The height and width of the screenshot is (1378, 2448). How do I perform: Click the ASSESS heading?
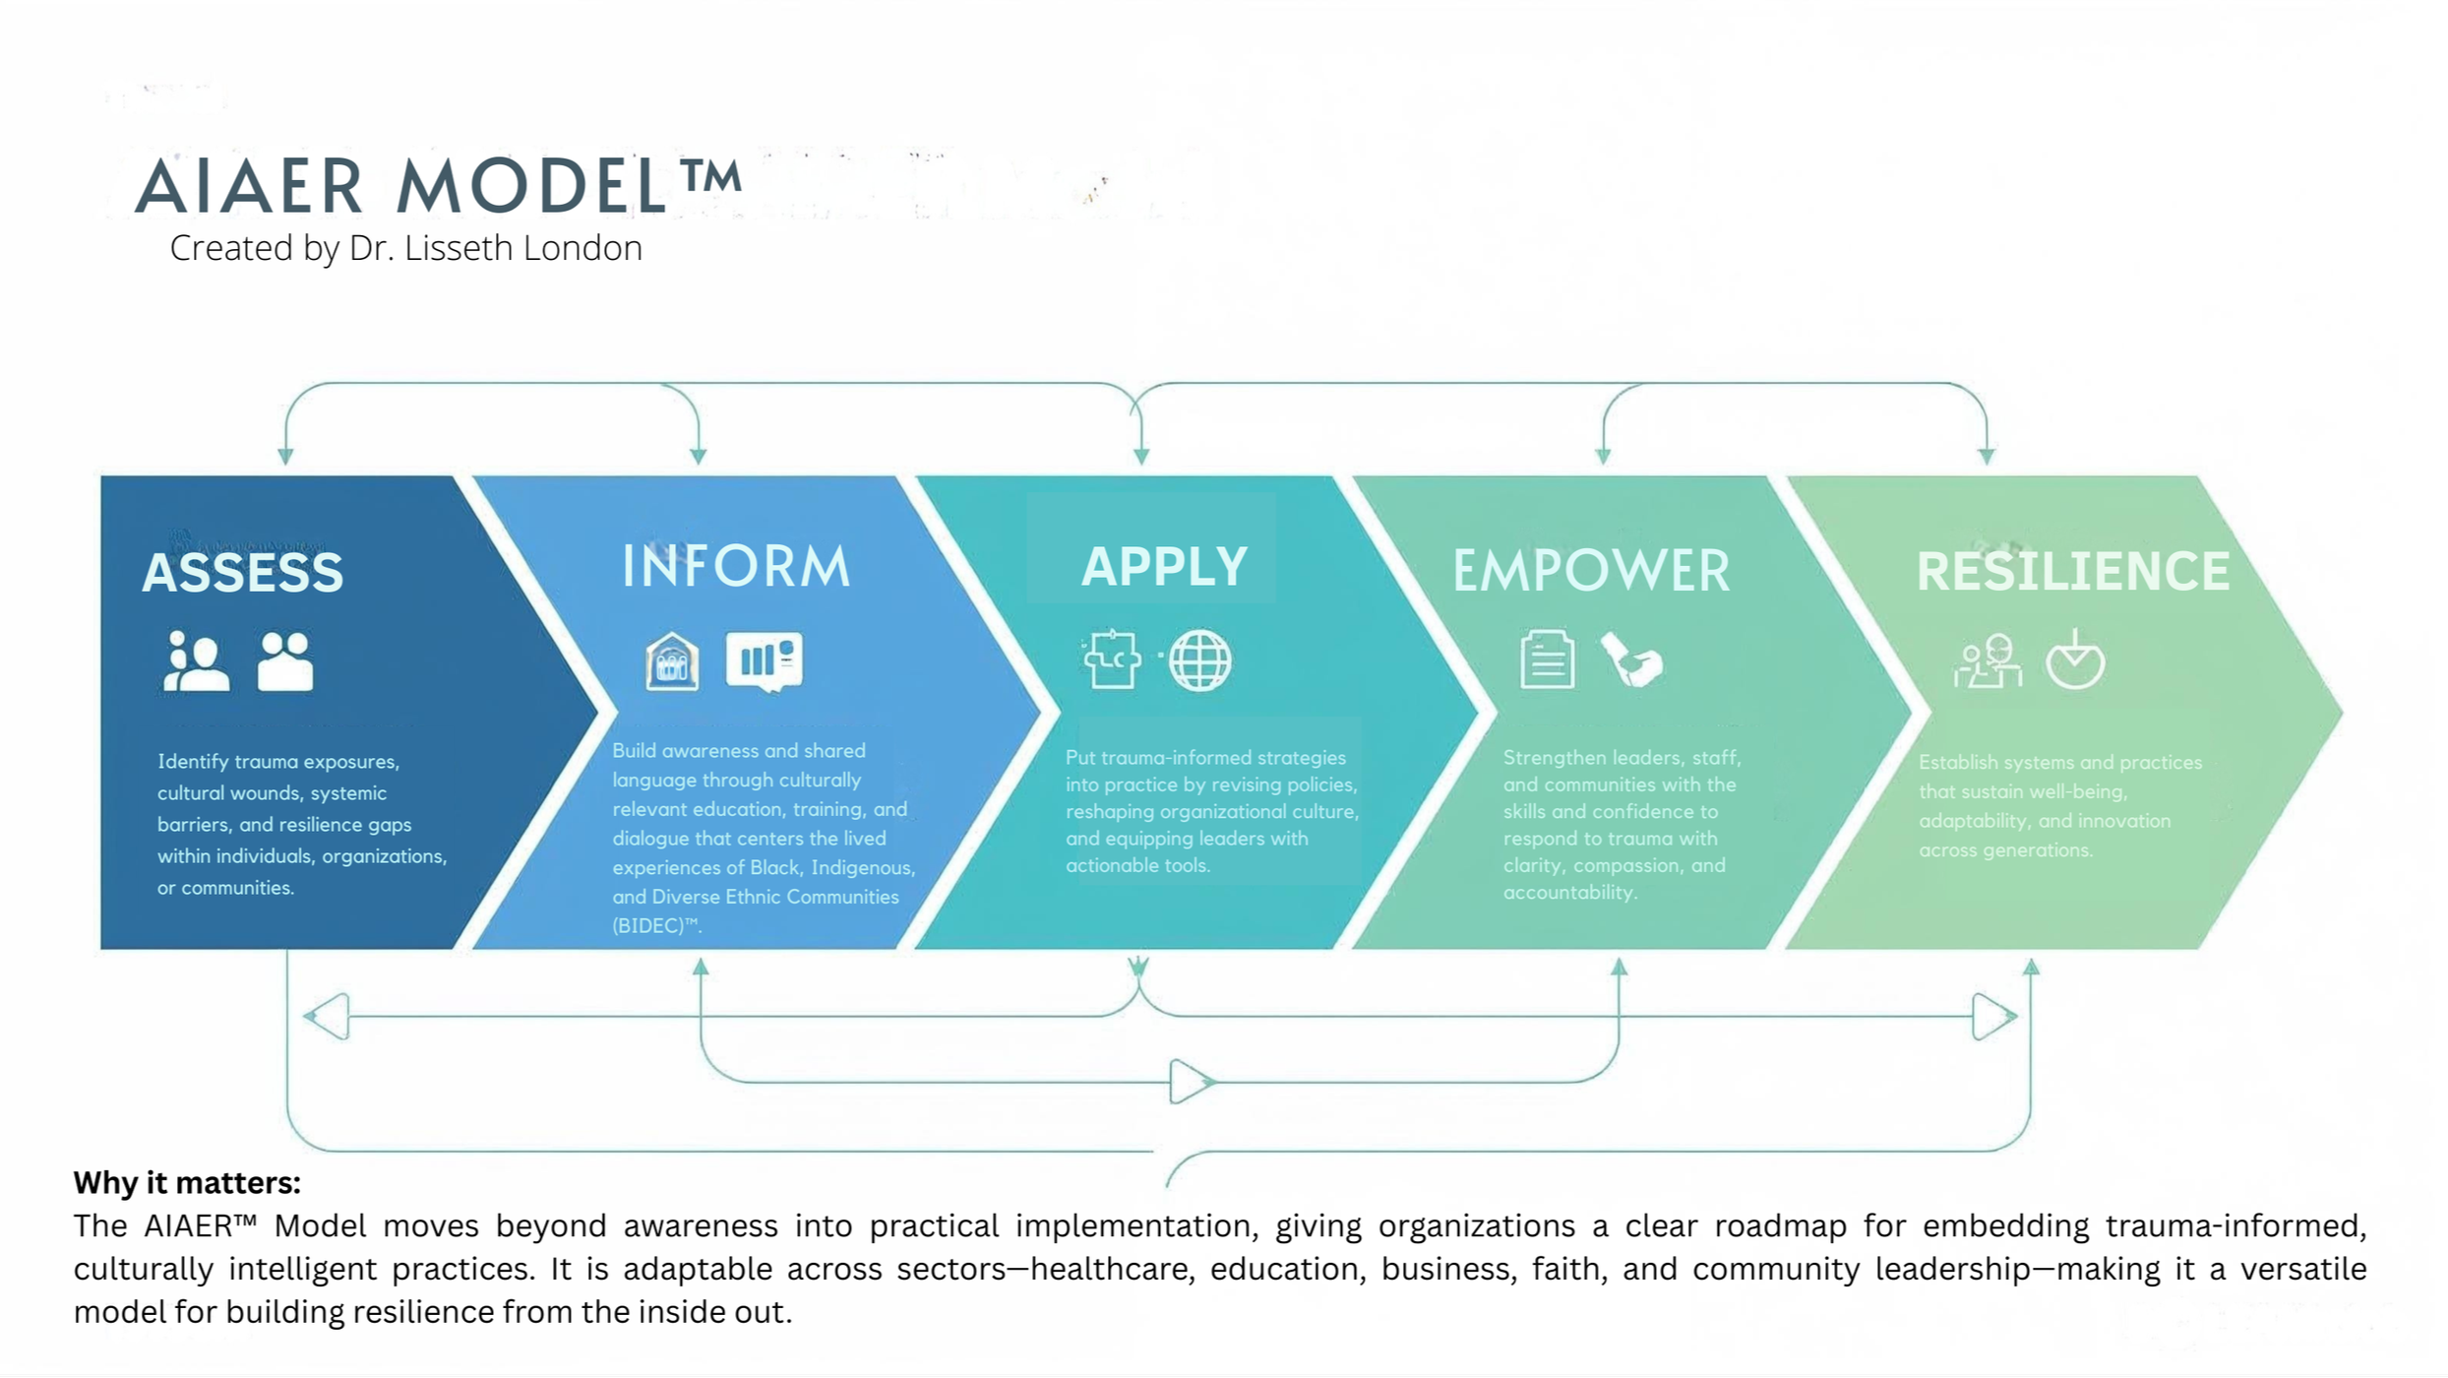[x=243, y=573]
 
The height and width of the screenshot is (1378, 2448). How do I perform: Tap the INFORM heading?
[x=736, y=567]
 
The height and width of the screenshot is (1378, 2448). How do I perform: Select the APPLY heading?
[x=1164, y=567]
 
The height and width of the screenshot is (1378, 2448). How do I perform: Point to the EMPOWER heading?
[x=1591, y=572]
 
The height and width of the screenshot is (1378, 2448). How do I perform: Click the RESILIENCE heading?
[x=2072, y=572]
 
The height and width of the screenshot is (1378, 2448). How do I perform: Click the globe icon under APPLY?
[x=1199, y=660]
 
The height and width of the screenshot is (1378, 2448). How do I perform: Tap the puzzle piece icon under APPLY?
[x=1113, y=659]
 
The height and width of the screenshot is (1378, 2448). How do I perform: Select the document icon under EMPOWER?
[x=1547, y=659]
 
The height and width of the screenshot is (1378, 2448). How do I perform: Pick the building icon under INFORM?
[x=672, y=661]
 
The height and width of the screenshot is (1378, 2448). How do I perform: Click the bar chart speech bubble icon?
[x=764, y=660]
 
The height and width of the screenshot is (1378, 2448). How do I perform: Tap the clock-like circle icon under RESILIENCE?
[x=2075, y=660]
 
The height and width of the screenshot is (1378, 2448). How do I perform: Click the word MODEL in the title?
[x=532, y=186]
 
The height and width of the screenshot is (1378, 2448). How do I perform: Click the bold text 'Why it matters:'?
[x=187, y=1182]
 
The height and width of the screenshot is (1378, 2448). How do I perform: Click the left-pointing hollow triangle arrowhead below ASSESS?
[x=328, y=1017]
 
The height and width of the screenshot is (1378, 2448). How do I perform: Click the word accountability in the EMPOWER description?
[x=1568, y=893]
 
